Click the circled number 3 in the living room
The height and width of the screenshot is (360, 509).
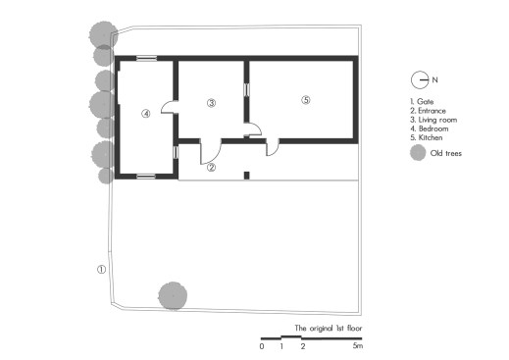click(212, 103)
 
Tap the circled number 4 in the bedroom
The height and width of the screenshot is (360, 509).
click(146, 114)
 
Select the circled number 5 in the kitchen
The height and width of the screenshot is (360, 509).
click(306, 100)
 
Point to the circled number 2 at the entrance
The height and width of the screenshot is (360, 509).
click(212, 168)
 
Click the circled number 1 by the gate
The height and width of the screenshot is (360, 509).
click(102, 270)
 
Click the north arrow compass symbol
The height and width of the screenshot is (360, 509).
click(420, 79)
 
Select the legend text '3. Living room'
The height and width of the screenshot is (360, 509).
click(433, 120)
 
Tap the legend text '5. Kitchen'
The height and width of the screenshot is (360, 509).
click(427, 137)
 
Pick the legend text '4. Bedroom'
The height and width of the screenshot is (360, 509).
click(430, 129)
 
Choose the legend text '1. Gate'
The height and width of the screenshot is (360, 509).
click(422, 102)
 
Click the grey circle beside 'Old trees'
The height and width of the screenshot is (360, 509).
click(418, 153)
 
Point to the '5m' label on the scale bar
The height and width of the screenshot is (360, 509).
click(358, 346)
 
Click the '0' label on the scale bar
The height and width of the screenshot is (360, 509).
click(262, 346)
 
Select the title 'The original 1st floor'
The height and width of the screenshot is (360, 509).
click(329, 328)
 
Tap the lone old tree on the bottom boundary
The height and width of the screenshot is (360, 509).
click(173, 296)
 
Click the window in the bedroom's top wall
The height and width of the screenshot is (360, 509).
click(146, 59)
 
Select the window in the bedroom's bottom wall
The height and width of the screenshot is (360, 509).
click(146, 177)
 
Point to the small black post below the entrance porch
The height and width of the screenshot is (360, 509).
click(247, 176)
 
